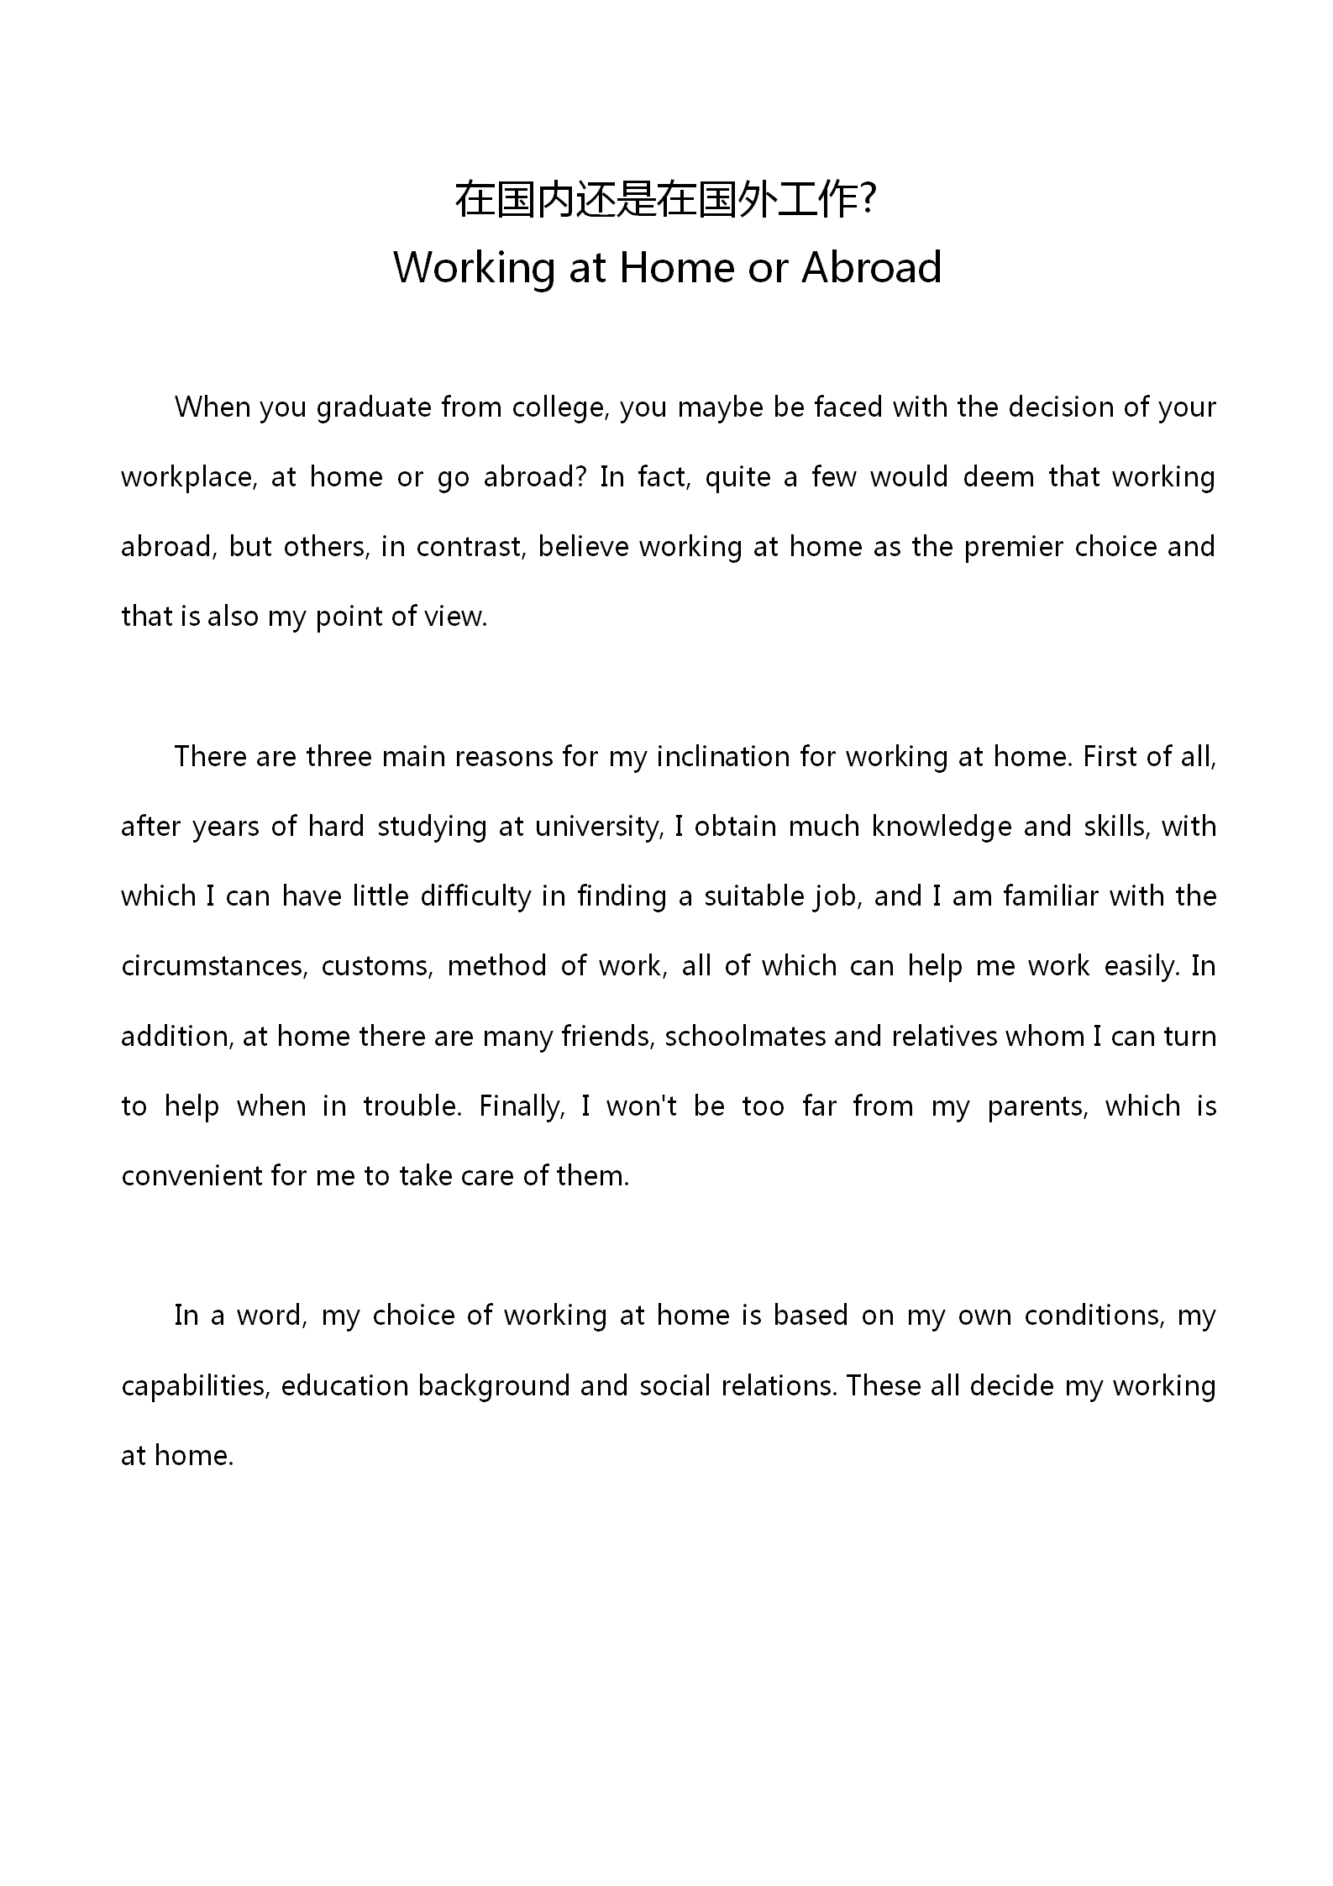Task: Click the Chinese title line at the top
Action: [x=666, y=200]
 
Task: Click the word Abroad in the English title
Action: [x=871, y=267]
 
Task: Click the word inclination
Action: [x=723, y=757]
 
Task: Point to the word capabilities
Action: [x=195, y=1386]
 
